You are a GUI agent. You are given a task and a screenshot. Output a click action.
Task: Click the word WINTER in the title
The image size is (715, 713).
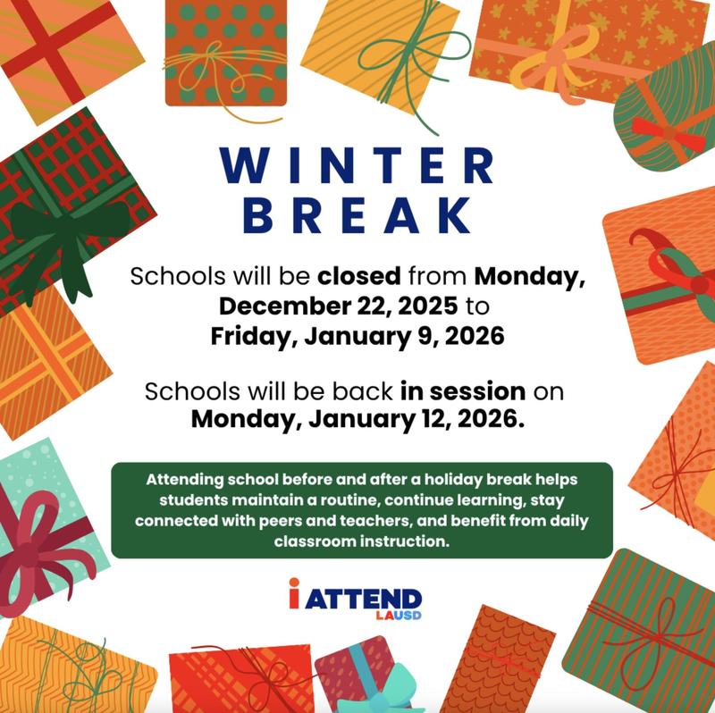(357, 166)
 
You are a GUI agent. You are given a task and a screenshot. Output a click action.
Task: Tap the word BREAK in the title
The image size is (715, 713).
(357, 215)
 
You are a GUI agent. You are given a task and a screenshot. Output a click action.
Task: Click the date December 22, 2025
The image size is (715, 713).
(337, 306)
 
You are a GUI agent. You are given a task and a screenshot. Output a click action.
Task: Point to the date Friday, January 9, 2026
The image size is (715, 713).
(357, 336)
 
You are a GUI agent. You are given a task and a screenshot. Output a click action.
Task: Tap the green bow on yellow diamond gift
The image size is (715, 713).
(393, 36)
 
